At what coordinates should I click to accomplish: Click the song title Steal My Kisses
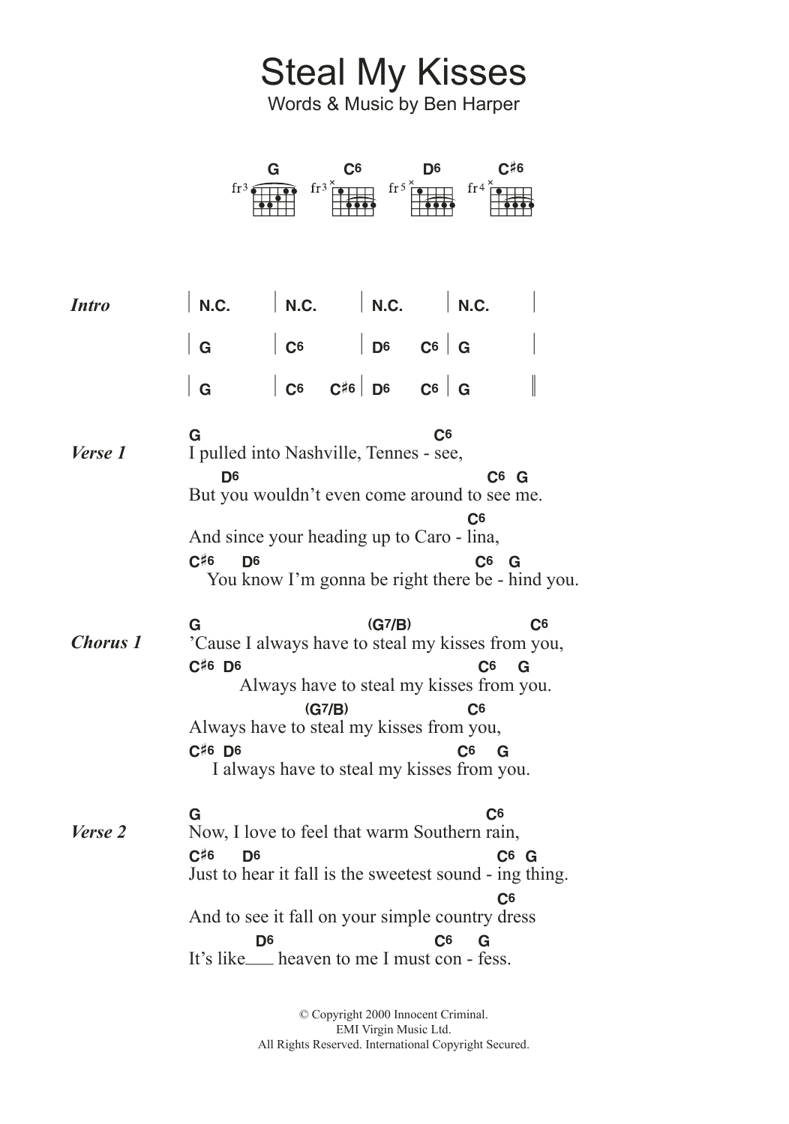[393, 73]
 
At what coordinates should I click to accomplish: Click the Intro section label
[90, 305]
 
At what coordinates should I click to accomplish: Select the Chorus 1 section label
[106, 642]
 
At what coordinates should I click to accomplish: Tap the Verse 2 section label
[98, 832]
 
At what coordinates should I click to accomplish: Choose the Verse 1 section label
[98, 453]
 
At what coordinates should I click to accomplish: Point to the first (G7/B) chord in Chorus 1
[389, 624]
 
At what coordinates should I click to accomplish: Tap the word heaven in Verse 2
[304, 958]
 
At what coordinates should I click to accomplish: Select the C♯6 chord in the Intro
[342, 390]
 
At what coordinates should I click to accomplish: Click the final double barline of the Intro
[533, 387]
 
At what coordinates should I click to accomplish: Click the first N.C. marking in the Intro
[214, 306]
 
